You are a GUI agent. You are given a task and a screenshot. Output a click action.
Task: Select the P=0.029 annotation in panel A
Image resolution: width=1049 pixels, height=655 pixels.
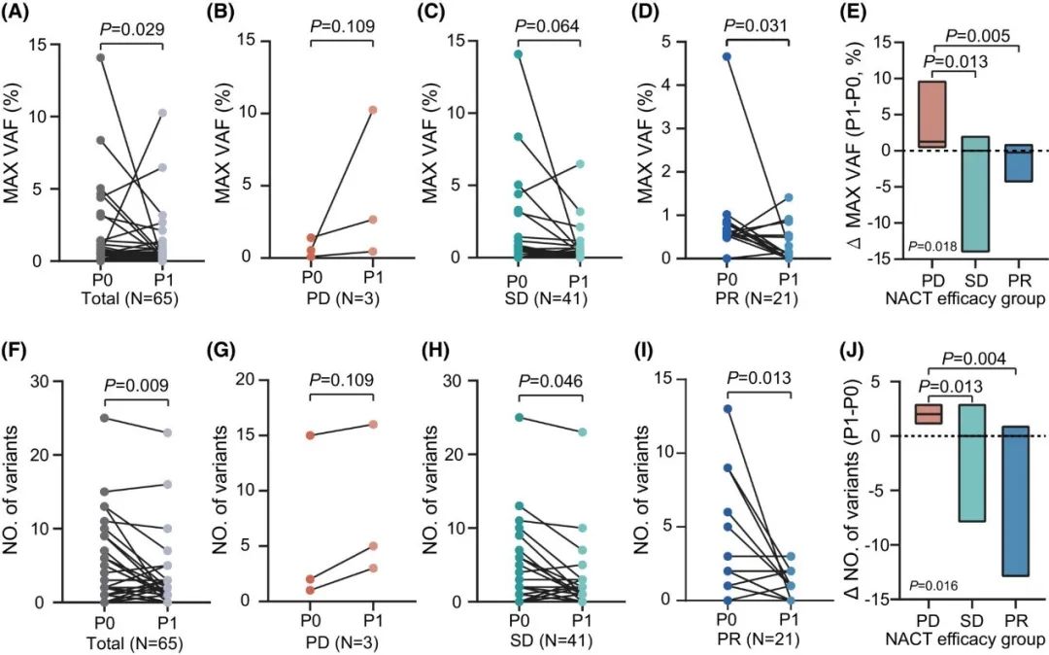[x=133, y=28]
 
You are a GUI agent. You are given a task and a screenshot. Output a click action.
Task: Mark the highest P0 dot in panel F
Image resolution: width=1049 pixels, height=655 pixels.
[x=100, y=419]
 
